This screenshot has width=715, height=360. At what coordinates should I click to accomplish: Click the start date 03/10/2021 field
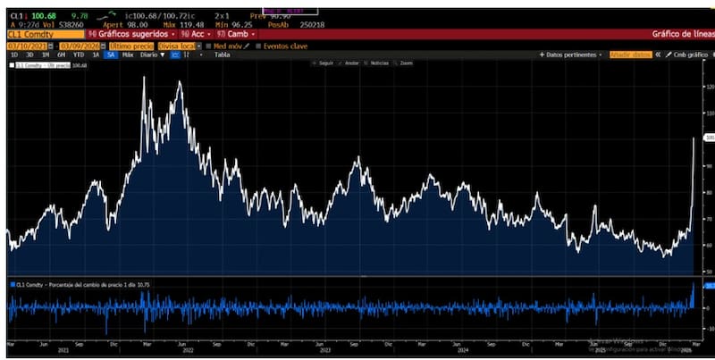29,45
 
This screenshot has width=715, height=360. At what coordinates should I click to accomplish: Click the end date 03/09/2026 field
82,45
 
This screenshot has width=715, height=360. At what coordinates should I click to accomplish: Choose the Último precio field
132,45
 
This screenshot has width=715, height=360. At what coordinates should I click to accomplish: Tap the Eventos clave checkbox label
285,45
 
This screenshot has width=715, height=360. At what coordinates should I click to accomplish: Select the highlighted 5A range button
111,54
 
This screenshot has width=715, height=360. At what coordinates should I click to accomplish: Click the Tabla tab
222,54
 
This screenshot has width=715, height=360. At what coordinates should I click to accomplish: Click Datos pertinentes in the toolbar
572,54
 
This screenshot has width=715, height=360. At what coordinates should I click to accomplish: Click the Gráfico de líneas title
678,34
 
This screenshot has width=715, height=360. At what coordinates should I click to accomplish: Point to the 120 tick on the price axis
710,88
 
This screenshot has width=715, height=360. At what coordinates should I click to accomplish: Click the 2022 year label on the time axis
189,350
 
